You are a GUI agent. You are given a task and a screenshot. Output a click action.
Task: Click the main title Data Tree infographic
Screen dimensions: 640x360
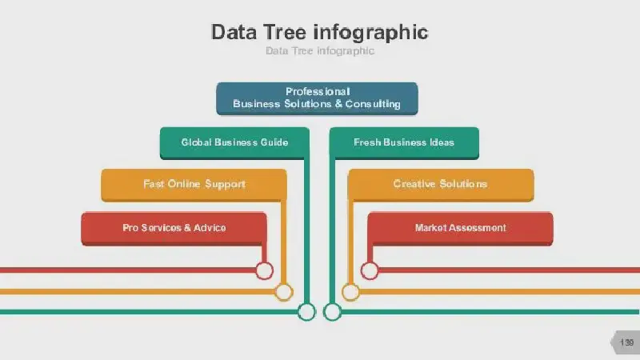click(x=319, y=33)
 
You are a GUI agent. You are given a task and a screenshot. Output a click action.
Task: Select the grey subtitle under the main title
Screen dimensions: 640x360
click(x=320, y=51)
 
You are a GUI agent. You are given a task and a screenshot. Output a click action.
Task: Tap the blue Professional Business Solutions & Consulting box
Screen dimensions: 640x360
click(x=317, y=98)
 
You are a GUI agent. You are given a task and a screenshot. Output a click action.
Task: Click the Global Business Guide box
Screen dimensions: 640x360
click(x=234, y=143)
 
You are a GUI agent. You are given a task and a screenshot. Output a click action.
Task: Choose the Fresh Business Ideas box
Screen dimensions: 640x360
click(x=404, y=143)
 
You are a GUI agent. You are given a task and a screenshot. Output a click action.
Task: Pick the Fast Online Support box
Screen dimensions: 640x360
click(x=194, y=185)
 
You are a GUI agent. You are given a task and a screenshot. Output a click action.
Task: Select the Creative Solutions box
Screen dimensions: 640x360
click(x=441, y=185)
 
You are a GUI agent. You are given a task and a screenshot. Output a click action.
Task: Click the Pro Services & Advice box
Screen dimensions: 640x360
click(x=174, y=229)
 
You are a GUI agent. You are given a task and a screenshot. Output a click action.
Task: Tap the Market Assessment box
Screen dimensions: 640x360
click(x=461, y=229)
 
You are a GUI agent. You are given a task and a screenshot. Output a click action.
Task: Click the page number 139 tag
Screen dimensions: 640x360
click(x=626, y=342)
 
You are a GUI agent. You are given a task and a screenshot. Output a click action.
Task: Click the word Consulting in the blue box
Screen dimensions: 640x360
click(x=373, y=104)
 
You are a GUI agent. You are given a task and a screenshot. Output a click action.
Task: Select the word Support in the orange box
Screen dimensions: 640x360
click(x=225, y=185)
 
